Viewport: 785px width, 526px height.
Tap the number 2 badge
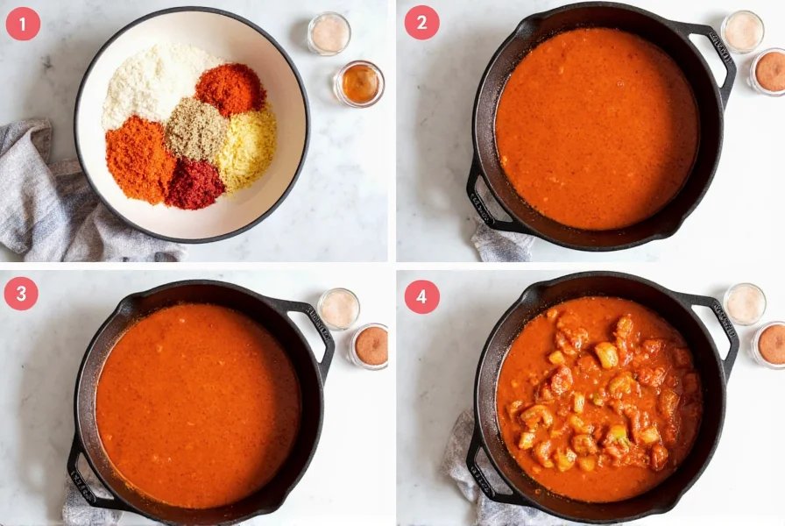(421, 23)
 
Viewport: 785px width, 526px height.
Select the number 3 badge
(21, 294)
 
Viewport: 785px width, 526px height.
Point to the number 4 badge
(421, 296)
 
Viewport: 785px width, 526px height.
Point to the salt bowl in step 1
(329, 33)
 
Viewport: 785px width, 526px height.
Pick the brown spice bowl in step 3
(371, 345)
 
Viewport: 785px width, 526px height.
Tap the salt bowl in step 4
(745, 303)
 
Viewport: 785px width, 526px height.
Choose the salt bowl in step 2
(743, 32)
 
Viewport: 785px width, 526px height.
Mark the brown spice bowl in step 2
(770, 71)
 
